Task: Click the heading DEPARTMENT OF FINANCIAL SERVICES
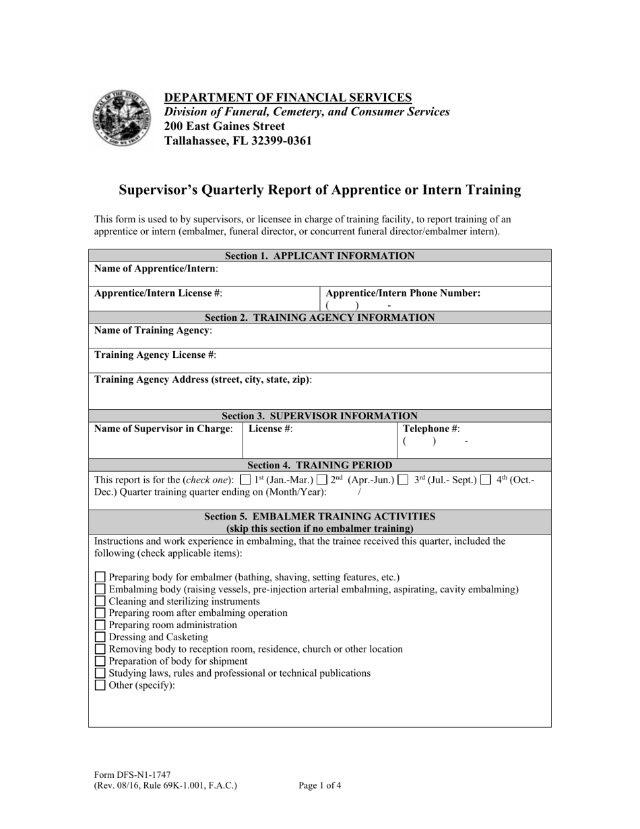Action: [x=288, y=97]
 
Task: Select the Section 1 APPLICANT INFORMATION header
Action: [x=319, y=255]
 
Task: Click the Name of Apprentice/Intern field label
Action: [x=156, y=268]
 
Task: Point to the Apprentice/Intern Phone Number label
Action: [x=403, y=293]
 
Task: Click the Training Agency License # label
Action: [x=155, y=355]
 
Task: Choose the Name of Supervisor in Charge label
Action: [x=164, y=428]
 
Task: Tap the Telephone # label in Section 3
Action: [x=431, y=428]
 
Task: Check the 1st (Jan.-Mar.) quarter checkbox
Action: [x=245, y=480]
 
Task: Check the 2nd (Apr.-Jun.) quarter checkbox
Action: [x=322, y=480]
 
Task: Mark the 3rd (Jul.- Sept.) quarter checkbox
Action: [x=403, y=480]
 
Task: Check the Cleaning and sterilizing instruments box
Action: [x=100, y=601]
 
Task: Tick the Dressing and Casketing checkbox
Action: [x=100, y=637]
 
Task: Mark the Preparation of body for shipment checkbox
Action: [x=100, y=661]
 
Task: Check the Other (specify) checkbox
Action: [x=100, y=685]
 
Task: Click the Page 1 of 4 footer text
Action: [x=319, y=785]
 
